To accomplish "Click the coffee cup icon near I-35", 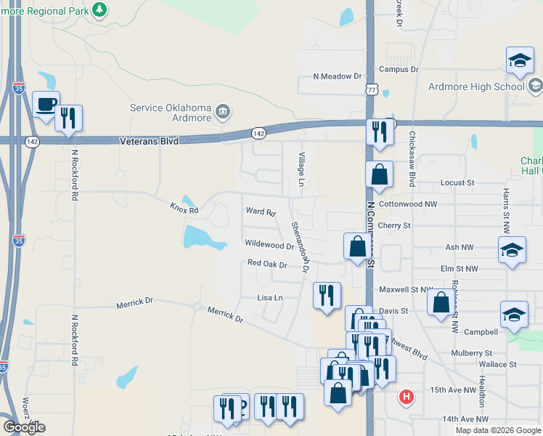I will (x=46, y=105).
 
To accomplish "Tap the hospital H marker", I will (x=407, y=397).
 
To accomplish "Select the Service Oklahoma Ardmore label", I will (x=171, y=113).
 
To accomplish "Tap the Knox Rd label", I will (x=184, y=209).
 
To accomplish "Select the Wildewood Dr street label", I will (x=269, y=246).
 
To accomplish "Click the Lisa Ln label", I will (x=270, y=298).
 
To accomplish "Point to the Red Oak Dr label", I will (x=267, y=264).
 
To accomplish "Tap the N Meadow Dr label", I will (x=337, y=76).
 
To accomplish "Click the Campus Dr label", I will (x=399, y=70).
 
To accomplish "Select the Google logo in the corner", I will (x=24, y=427).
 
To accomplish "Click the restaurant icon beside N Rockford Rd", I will (x=69, y=118).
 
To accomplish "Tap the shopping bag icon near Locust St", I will (x=380, y=174).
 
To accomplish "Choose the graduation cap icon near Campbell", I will (x=514, y=315).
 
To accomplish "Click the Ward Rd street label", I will (x=261, y=212).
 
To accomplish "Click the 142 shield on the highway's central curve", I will (x=258, y=133).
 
